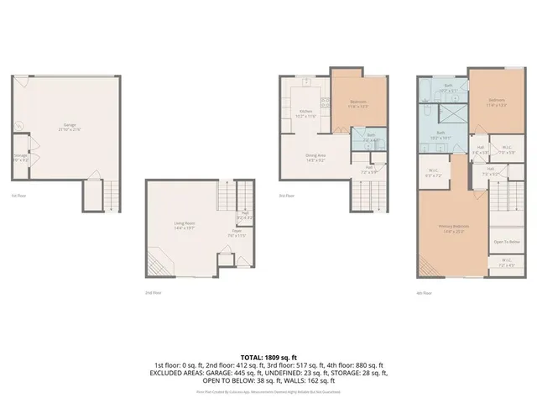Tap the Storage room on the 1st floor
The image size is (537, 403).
coord(20,157)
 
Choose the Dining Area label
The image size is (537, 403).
coord(315,157)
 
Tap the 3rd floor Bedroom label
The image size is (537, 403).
coord(358,104)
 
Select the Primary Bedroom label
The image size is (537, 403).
coord(453,228)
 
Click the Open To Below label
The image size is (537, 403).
coord(506,242)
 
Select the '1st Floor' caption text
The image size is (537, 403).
coord(18,196)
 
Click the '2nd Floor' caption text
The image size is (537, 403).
coord(153,292)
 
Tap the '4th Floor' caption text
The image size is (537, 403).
coord(426,292)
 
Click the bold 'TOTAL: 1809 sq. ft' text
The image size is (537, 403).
coord(268,357)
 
